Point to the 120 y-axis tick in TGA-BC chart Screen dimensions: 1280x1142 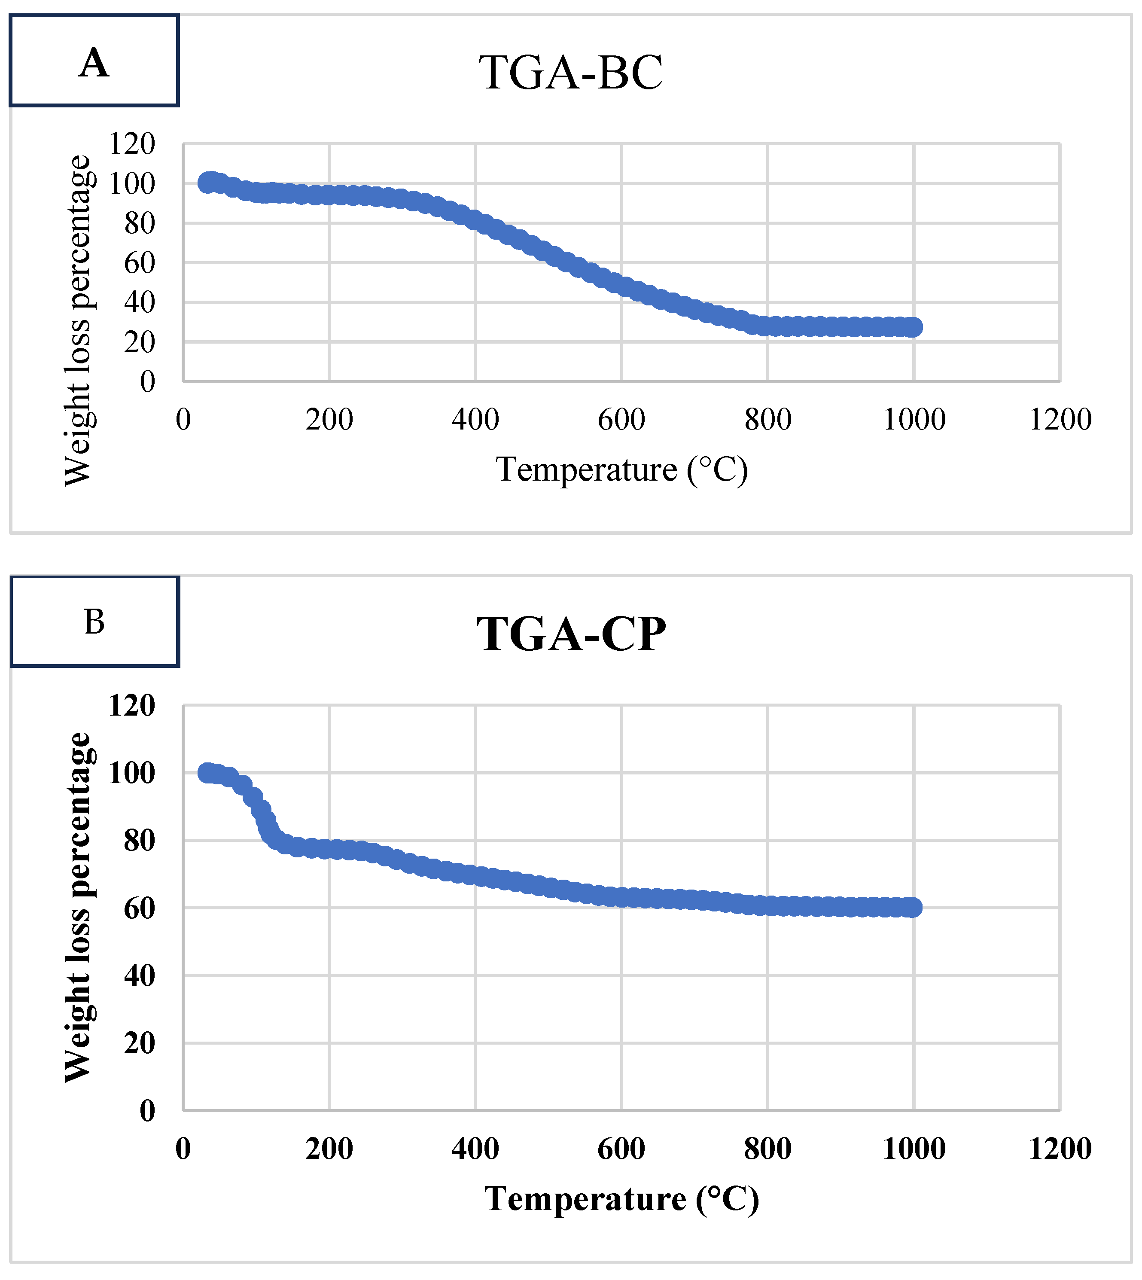point(132,144)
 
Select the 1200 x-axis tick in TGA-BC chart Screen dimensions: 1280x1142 point(1060,420)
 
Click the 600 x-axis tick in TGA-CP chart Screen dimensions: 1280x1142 point(621,1149)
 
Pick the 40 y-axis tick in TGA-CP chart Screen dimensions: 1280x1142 point(139,976)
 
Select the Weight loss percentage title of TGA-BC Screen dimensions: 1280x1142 point(79,320)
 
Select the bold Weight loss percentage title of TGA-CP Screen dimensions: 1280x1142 point(79,907)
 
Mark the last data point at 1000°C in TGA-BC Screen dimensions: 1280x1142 point(914,327)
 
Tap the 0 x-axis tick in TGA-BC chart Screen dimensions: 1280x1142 point(183,420)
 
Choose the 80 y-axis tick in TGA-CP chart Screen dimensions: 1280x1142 point(139,841)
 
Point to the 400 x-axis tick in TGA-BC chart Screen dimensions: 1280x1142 point(475,420)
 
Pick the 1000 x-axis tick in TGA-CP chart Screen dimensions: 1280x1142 point(914,1149)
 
